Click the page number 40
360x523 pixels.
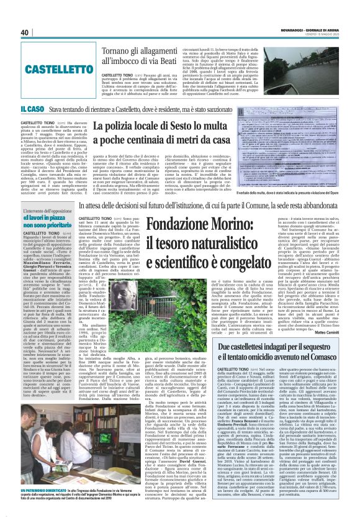tap(25, 32)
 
